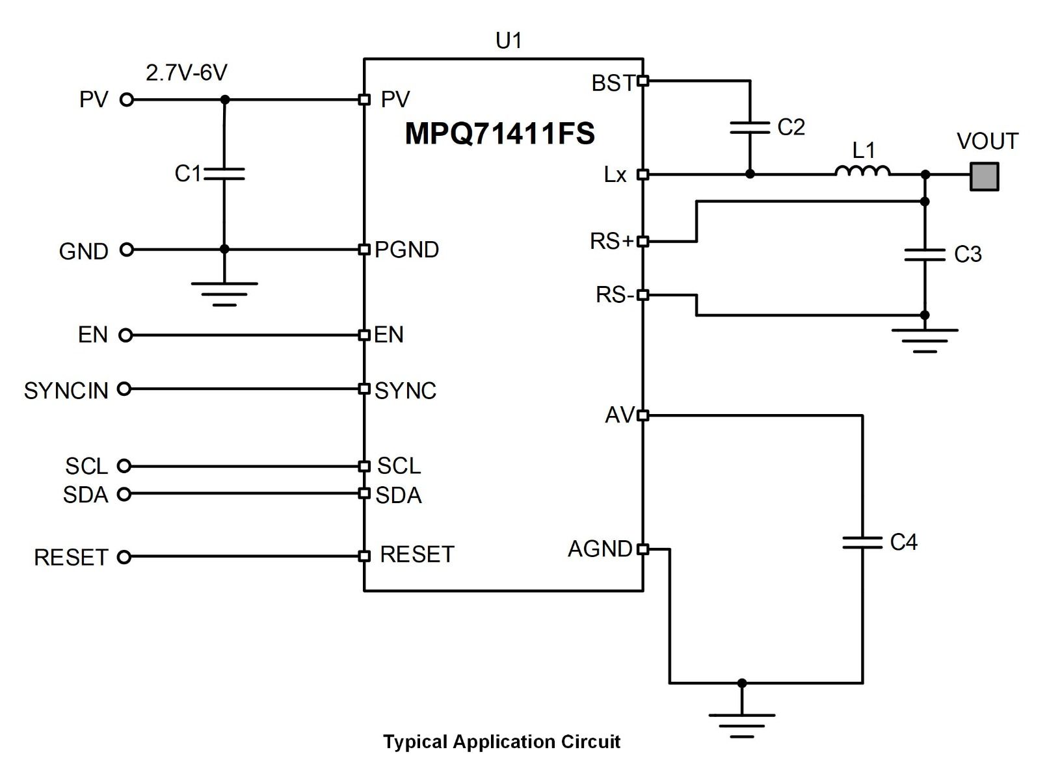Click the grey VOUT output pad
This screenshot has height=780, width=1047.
[x=984, y=176]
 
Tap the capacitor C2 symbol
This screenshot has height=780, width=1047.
[x=750, y=127]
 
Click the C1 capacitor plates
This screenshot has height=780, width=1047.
[x=224, y=173]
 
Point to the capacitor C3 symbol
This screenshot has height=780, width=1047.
[x=924, y=254]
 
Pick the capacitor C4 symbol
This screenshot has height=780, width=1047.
[x=862, y=542]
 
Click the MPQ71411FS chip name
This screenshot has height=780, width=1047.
[x=499, y=133]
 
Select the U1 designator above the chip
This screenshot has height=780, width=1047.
[x=509, y=41]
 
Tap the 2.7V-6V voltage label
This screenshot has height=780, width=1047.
[x=187, y=73]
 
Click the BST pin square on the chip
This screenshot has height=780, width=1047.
[x=643, y=81]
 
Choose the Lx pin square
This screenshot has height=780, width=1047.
[x=643, y=174]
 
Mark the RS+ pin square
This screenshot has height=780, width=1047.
[x=643, y=241]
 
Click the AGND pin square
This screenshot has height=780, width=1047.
[x=643, y=549]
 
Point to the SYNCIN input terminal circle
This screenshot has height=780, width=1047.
[x=124, y=389]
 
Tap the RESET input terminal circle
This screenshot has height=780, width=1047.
[x=124, y=556]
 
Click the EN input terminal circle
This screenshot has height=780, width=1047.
[x=126, y=335]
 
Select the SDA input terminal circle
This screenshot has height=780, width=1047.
[x=124, y=494]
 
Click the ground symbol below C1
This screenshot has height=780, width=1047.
[x=224, y=292]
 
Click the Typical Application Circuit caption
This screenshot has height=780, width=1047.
[x=501, y=742]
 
